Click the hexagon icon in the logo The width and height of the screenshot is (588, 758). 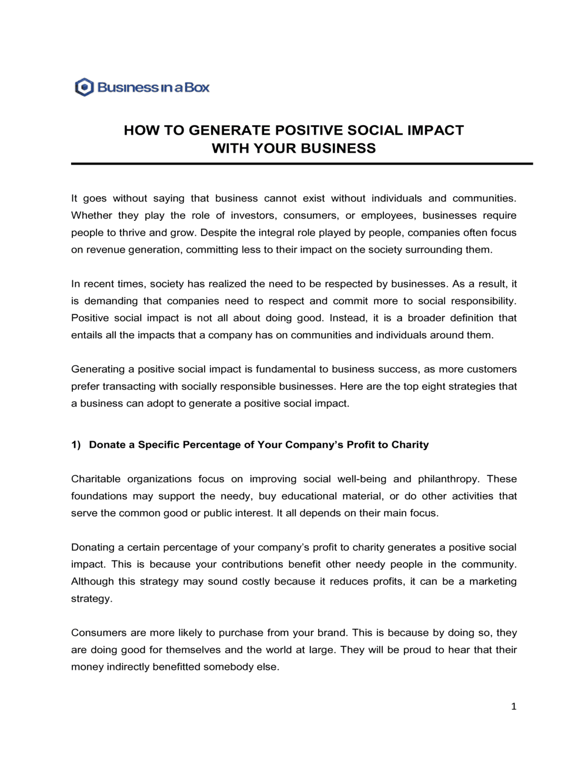tap(85, 88)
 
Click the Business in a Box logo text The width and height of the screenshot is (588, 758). tap(153, 88)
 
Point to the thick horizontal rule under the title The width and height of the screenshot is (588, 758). tap(302, 164)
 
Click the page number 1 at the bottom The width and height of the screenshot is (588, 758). tap(513, 706)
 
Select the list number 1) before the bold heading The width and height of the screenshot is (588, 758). tap(76, 445)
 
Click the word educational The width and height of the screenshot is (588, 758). tap(312, 496)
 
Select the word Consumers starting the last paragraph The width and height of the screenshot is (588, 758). tap(99, 633)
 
